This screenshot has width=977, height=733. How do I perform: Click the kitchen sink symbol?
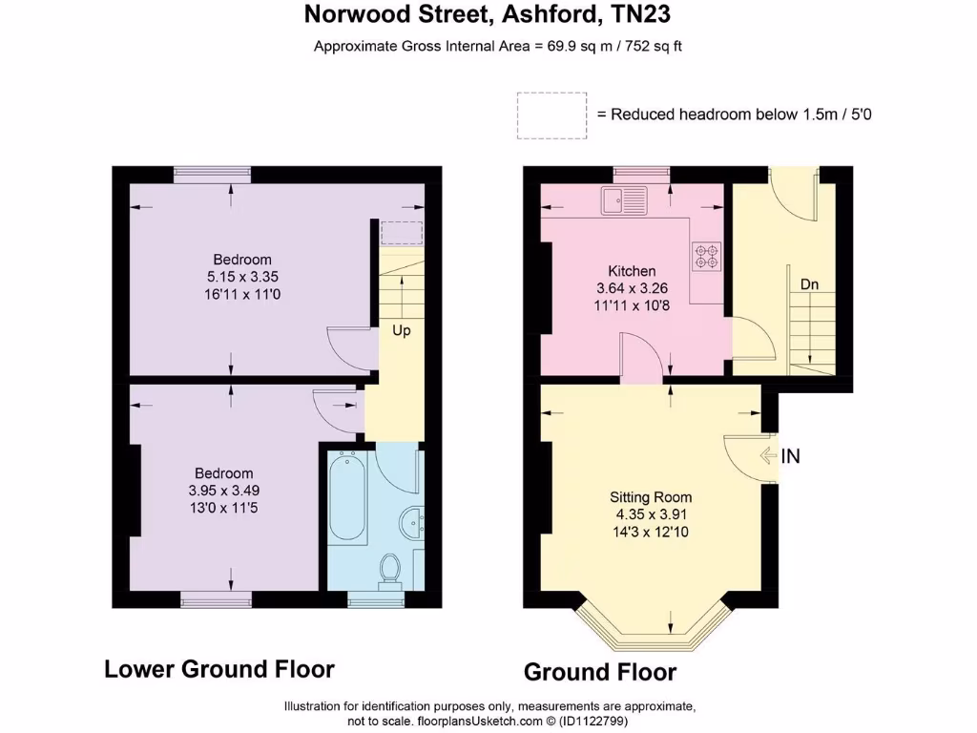click(x=622, y=200)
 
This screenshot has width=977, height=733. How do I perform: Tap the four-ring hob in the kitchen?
click(x=706, y=255)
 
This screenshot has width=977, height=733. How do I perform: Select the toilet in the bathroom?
click(x=388, y=568)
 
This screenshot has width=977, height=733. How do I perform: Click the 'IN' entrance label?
click(x=790, y=456)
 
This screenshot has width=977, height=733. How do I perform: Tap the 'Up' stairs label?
click(x=401, y=331)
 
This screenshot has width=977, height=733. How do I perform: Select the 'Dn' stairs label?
click(x=809, y=283)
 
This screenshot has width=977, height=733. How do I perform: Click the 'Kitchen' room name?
click(x=632, y=271)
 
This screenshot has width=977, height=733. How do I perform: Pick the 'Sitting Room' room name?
click(x=651, y=497)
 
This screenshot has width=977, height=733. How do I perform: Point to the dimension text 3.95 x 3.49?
click(x=224, y=491)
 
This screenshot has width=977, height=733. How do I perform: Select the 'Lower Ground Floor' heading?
click(x=219, y=669)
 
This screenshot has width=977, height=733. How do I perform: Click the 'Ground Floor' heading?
click(x=600, y=672)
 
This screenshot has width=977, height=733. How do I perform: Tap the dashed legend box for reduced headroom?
click(x=551, y=115)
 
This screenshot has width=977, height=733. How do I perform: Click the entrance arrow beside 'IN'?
click(x=768, y=456)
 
